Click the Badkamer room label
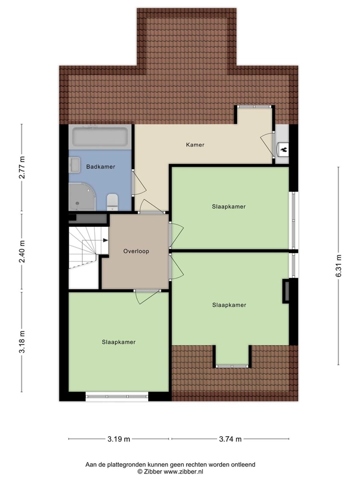100,167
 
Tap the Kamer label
195,145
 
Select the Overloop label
136,251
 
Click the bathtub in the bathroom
100,137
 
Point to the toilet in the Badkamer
112,202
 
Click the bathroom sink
74,164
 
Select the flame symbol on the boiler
283,149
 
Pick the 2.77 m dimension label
22,167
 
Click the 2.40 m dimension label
22,251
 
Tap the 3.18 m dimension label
22,341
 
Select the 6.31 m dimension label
338,266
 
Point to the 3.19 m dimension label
119,439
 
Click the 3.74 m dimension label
230,439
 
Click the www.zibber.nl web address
183,472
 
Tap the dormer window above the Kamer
254,107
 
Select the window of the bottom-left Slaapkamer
116,396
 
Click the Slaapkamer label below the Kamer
229,206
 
